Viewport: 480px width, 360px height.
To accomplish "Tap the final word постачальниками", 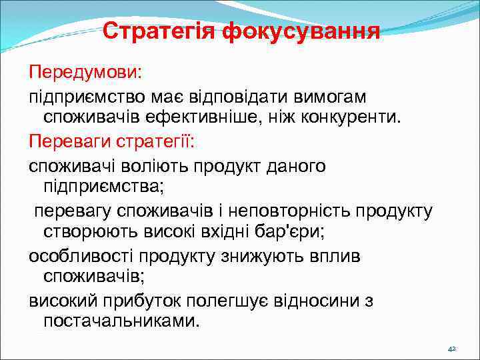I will coord(121,321).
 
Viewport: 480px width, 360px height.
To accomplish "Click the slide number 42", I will coord(451,349).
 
